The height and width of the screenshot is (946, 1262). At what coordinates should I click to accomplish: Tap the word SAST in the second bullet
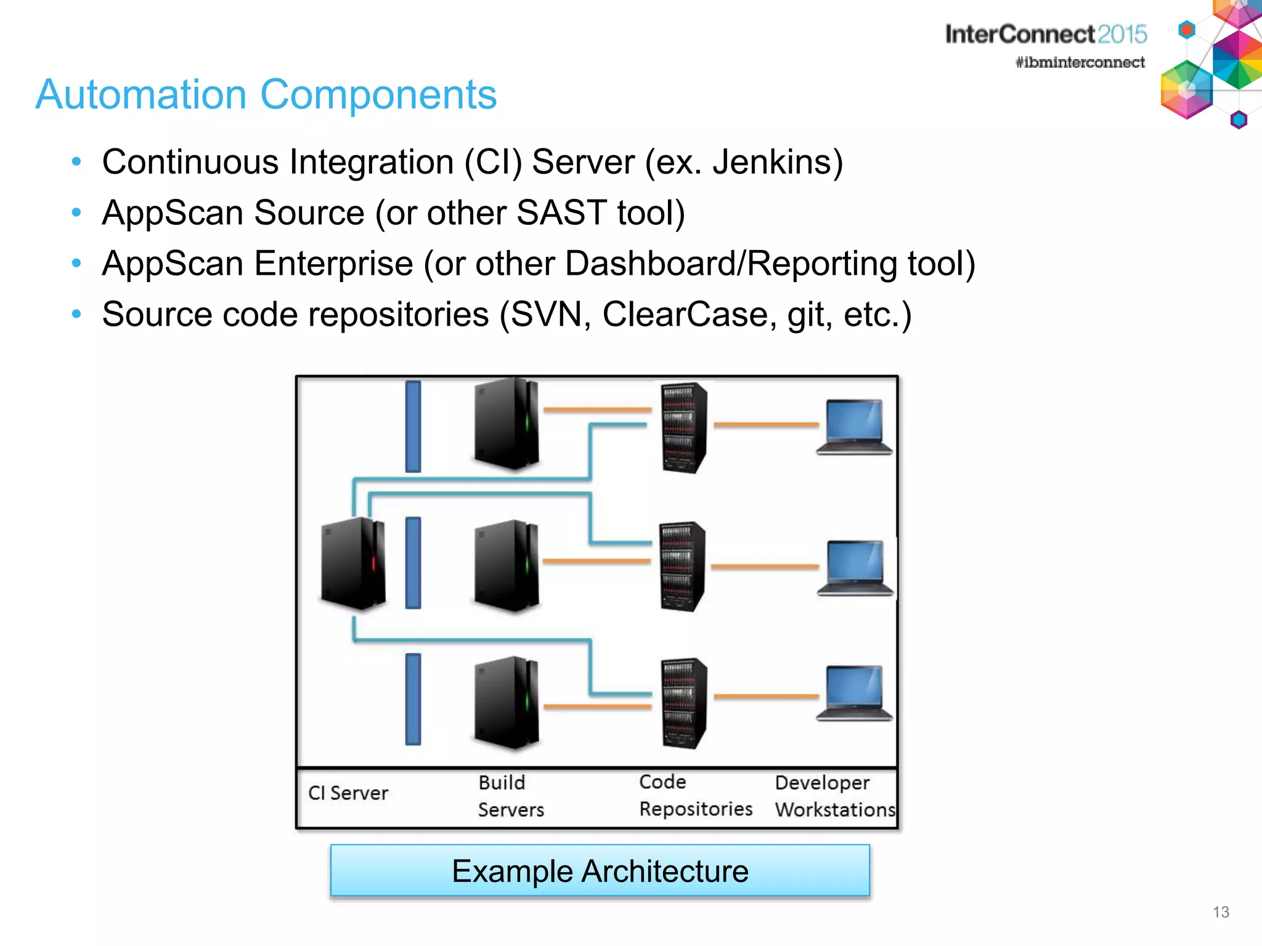[561, 213]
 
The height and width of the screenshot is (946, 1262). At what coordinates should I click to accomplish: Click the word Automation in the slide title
[141, 95]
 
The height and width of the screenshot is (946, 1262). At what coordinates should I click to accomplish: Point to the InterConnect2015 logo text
[1046, 34]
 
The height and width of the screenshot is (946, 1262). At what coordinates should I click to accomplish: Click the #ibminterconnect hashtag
[1080, 62]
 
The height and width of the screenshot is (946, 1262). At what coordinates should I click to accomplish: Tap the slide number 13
[1220, 912]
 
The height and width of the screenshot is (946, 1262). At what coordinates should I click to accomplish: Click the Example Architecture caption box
[600, 871]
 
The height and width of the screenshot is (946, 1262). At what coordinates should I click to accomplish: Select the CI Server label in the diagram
[348, 793]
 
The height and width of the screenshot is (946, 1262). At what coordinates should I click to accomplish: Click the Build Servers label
[510, 796]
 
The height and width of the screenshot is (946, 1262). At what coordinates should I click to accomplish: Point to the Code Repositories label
[695, 795]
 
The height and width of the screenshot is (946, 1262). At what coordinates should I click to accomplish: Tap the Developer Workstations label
[834, 796]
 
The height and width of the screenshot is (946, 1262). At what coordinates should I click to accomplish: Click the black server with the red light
[353, 563]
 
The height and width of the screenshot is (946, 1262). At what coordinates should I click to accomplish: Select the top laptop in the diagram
[854, 427]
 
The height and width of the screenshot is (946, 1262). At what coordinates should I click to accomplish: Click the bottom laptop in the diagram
[854, 693]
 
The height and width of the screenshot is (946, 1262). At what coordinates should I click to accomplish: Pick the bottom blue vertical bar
[413, 699]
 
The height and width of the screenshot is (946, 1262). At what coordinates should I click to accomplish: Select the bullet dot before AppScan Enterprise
[76, 264]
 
